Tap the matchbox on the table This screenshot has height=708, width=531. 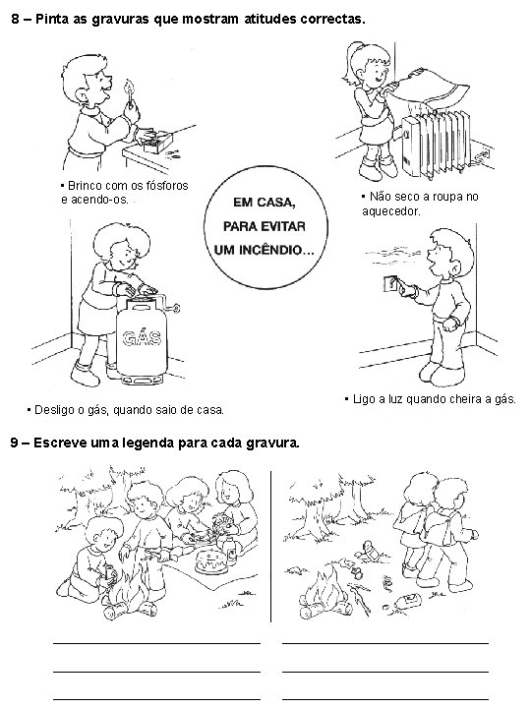160,142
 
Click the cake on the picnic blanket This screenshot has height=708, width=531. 210,562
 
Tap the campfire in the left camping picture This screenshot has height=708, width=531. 129,587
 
